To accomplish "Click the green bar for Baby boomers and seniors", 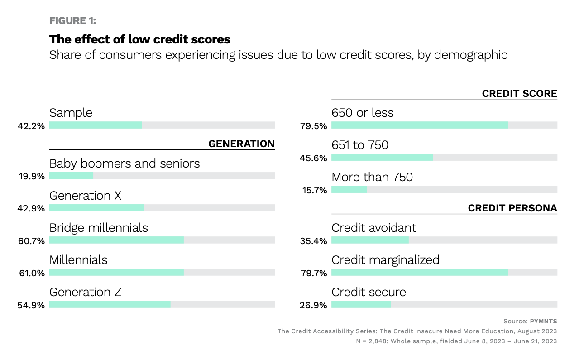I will tap(71, 176).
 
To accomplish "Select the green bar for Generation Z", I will tap(110, 304).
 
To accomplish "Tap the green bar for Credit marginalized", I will tap(420, 272).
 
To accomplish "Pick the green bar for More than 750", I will tap(349, 189).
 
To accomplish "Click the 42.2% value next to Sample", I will tap(31, 126).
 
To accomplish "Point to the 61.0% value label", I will tap(31, 273).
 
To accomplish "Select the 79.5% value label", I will tap(313, 126).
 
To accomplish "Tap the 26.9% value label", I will tap(313, 305).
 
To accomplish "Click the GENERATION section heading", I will tap(241, 144).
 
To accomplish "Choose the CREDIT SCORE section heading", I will tap(519, 94).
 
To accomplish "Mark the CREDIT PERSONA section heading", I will tap(512, 208).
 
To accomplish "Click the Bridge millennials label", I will tap(99, 227).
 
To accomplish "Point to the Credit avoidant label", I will tap(373, 227).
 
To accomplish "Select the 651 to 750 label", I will tap(360, 145).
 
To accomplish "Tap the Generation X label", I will tap(85, 196).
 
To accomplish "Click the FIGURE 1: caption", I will tap(72, 21).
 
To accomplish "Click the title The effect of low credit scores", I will tap(140, 39).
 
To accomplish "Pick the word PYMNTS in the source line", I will tap(543, 321).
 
